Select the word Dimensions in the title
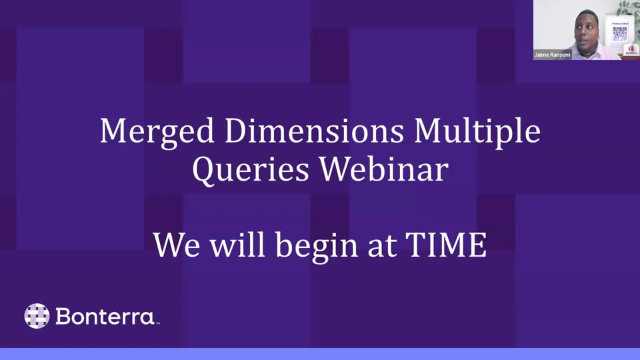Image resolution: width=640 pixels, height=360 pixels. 314,131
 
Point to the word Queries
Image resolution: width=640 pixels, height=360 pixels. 250,169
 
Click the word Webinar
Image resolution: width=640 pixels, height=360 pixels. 384,168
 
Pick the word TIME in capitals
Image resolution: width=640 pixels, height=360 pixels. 446,245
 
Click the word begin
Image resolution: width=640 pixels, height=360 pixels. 317,247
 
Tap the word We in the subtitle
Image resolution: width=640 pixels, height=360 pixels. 176,245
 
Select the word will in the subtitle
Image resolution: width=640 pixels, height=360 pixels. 237,244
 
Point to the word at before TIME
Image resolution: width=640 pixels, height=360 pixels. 382,247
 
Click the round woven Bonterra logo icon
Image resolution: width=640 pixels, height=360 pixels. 37,316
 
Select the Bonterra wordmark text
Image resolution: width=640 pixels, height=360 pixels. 105,316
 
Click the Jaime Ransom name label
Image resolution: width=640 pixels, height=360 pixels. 552,55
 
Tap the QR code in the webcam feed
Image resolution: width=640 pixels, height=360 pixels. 619,34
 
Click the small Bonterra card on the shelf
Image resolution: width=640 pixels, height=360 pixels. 631,50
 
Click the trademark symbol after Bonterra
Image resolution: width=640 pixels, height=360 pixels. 157,324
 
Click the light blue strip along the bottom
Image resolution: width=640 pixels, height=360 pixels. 320,354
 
